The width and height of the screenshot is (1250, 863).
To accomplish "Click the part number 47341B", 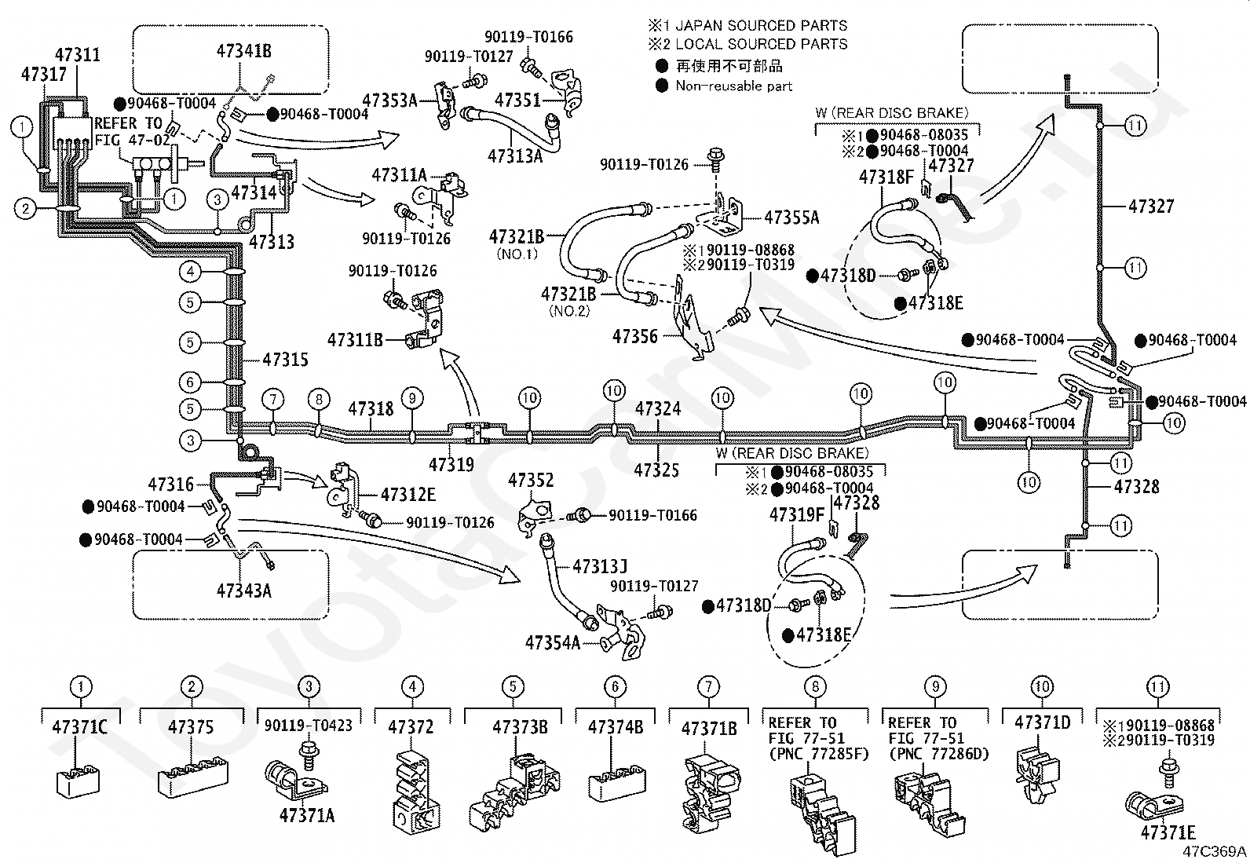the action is click(244, 51).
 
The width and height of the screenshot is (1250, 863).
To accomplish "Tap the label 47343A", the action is click(244, 591).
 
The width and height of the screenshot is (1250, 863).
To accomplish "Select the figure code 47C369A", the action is click(1215, 851).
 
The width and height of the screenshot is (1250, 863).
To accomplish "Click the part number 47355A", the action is click(791, 218).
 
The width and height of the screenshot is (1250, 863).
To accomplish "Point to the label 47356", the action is click(635, 336).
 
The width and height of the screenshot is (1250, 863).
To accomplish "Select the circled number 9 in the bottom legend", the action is click(936, 686).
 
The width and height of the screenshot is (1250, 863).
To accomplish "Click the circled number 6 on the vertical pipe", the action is click(190, 382).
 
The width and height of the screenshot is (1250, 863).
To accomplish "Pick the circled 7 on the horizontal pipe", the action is click(273, 400).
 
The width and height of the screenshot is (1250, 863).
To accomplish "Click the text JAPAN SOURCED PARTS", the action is click(761, 26).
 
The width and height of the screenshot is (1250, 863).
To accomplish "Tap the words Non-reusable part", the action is click(734, 86).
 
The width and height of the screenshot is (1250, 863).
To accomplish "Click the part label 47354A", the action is click(553, 643).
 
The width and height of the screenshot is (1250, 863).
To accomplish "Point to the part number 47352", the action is click(531, 480).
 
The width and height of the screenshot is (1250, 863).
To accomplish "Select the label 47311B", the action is click(355, 340).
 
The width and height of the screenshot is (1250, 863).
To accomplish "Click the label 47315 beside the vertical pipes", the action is click(285, 360).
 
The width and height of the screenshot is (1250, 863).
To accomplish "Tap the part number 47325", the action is click(656, 470).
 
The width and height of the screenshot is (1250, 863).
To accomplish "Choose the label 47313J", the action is click(600, 567).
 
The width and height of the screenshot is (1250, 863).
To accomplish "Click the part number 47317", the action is click(43, 75).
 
